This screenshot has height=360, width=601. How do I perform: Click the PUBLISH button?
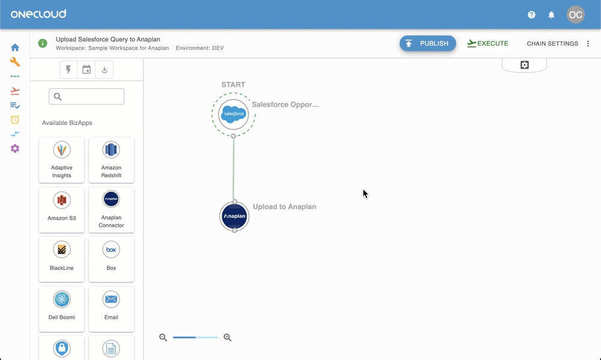pos(428,43)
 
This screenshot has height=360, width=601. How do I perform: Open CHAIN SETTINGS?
pos(552,44)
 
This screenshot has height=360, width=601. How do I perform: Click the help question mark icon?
pos(531,15)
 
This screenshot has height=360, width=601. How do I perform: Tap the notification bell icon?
pos(551,15)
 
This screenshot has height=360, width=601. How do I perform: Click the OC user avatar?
pos(576,14)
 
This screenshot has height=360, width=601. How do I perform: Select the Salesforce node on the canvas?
pos(233,114)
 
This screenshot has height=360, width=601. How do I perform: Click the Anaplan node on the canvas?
pos(234,216)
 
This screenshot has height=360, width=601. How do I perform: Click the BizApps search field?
pos(87,97)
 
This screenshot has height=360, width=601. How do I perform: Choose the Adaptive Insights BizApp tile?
pos(62,160)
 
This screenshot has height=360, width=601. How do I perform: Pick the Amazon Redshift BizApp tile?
pos(111,160)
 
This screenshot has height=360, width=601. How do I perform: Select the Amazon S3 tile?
pos(62,210)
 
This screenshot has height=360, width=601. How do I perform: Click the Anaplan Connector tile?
pos(111,210)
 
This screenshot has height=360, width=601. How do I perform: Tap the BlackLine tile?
pos(62,259)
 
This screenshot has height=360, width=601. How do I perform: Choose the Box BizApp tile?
pos(111,259)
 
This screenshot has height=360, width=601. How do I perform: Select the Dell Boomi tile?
pos(62,309)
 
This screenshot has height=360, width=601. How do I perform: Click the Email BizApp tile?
pos(111,309)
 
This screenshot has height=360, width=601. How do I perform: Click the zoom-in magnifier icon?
pos(227,337)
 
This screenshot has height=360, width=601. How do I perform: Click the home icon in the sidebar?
pos(15,47)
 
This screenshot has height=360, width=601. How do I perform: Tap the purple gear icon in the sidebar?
pos(15,148)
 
